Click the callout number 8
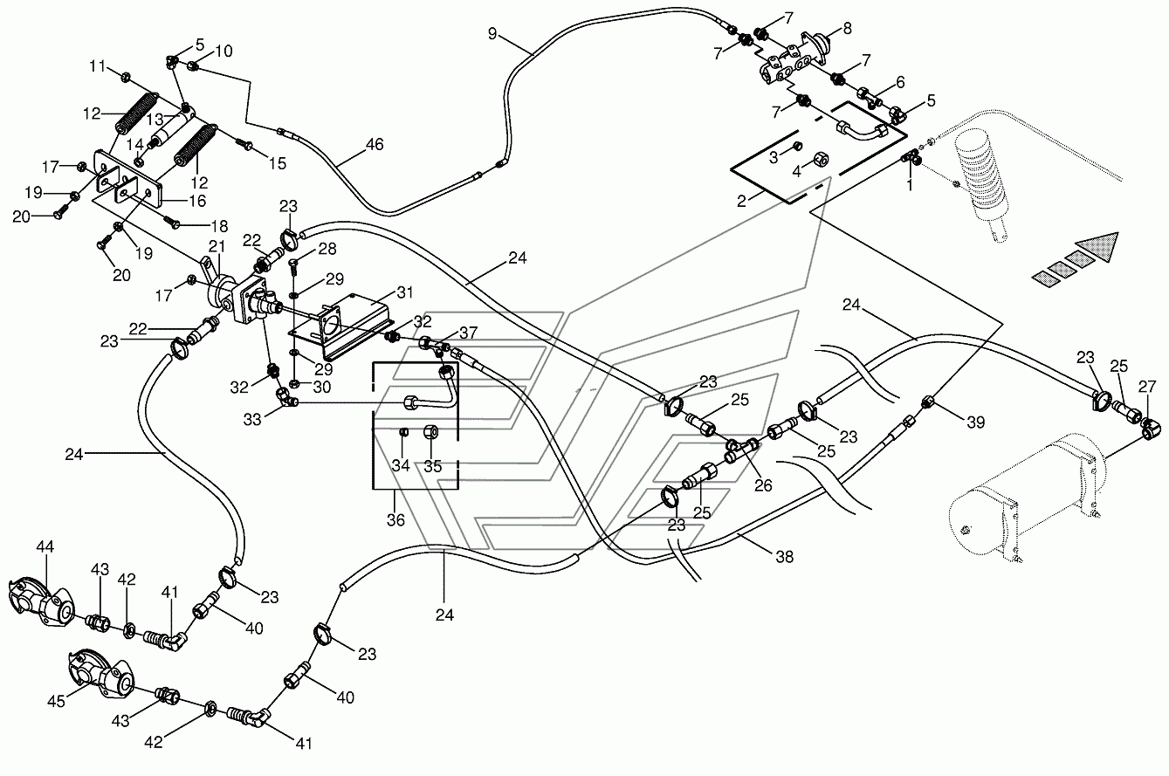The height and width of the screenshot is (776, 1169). [847, 29]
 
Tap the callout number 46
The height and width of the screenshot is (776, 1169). [375, 144]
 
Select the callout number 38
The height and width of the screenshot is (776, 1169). [784, 557]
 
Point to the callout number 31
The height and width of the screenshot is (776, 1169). [404, 292]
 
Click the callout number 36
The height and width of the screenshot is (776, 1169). [395, 519]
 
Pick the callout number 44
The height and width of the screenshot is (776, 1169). [45, 547]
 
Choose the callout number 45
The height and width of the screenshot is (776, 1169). [56, 701]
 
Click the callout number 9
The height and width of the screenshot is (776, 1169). [492, 34]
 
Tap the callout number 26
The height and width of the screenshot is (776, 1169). [763, 485]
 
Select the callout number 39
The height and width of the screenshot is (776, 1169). [976, 422]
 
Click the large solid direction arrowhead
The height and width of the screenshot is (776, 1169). [1099, 248]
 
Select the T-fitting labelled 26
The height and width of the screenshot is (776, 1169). [743, 450]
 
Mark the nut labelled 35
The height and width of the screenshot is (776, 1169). [431, 433]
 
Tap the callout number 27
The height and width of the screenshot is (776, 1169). [1147, 387]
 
